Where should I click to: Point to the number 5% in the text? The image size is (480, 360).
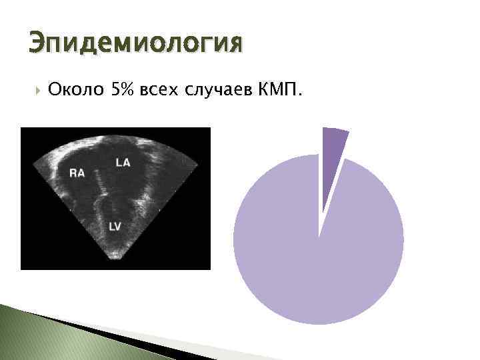click(122, 90)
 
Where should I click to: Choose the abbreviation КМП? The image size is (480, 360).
click(277, 90)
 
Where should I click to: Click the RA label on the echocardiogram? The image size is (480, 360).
click(77, 173)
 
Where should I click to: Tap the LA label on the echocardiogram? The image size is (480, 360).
click(123, 162)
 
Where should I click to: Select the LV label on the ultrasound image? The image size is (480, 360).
click(115, 227)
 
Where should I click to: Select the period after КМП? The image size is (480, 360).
click(299, 94)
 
